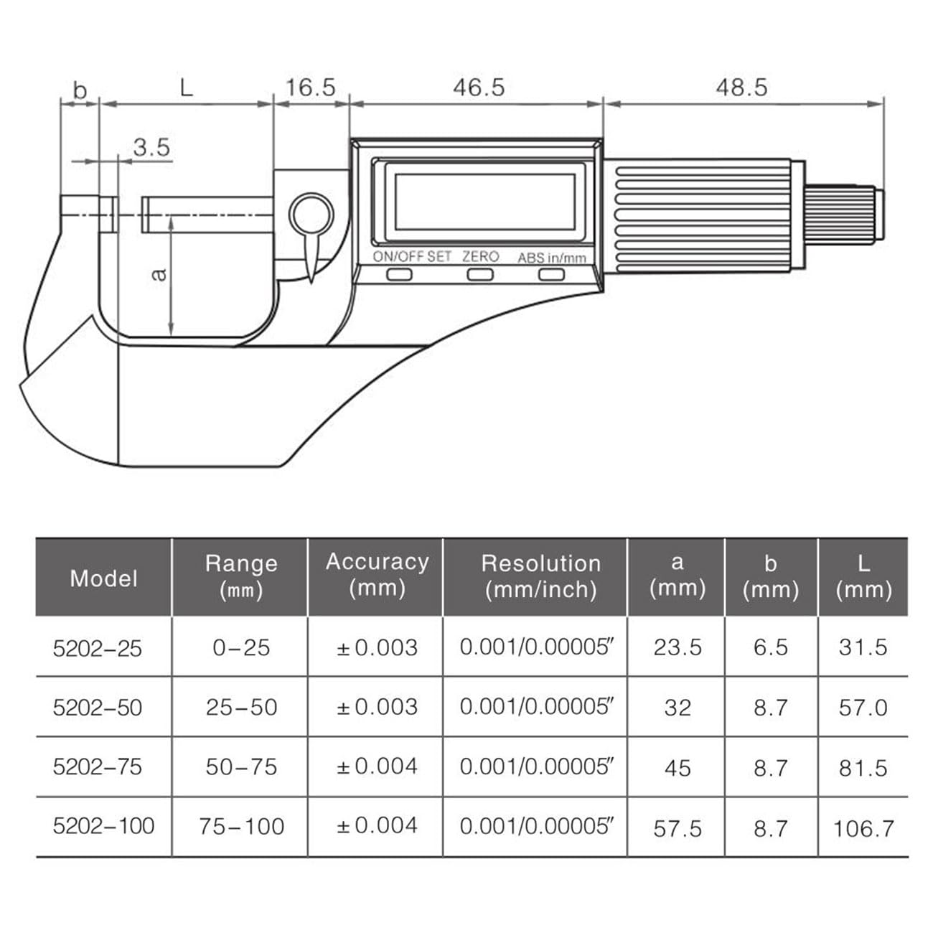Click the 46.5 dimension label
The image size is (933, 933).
point(479,88)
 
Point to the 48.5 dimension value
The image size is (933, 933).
point(741,88)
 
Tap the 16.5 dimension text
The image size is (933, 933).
point(310,88)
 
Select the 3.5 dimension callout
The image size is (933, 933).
point(151,147)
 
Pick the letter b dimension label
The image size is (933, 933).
point(80,90)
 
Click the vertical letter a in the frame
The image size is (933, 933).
point(160,274)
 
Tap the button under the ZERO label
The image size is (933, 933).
point(480,275)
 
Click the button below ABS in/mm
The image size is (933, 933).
point(551,275)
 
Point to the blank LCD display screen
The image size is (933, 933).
point(480,201)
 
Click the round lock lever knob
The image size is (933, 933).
point(311,215)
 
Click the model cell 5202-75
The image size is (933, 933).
point(98,766)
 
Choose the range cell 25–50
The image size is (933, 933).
point(241,708)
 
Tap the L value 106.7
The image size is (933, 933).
point(863,829)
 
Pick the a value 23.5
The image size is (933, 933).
point(677,647)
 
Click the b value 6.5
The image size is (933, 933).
point(770,647)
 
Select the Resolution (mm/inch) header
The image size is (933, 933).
point(540,576)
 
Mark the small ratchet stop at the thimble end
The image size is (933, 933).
point(843,215)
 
